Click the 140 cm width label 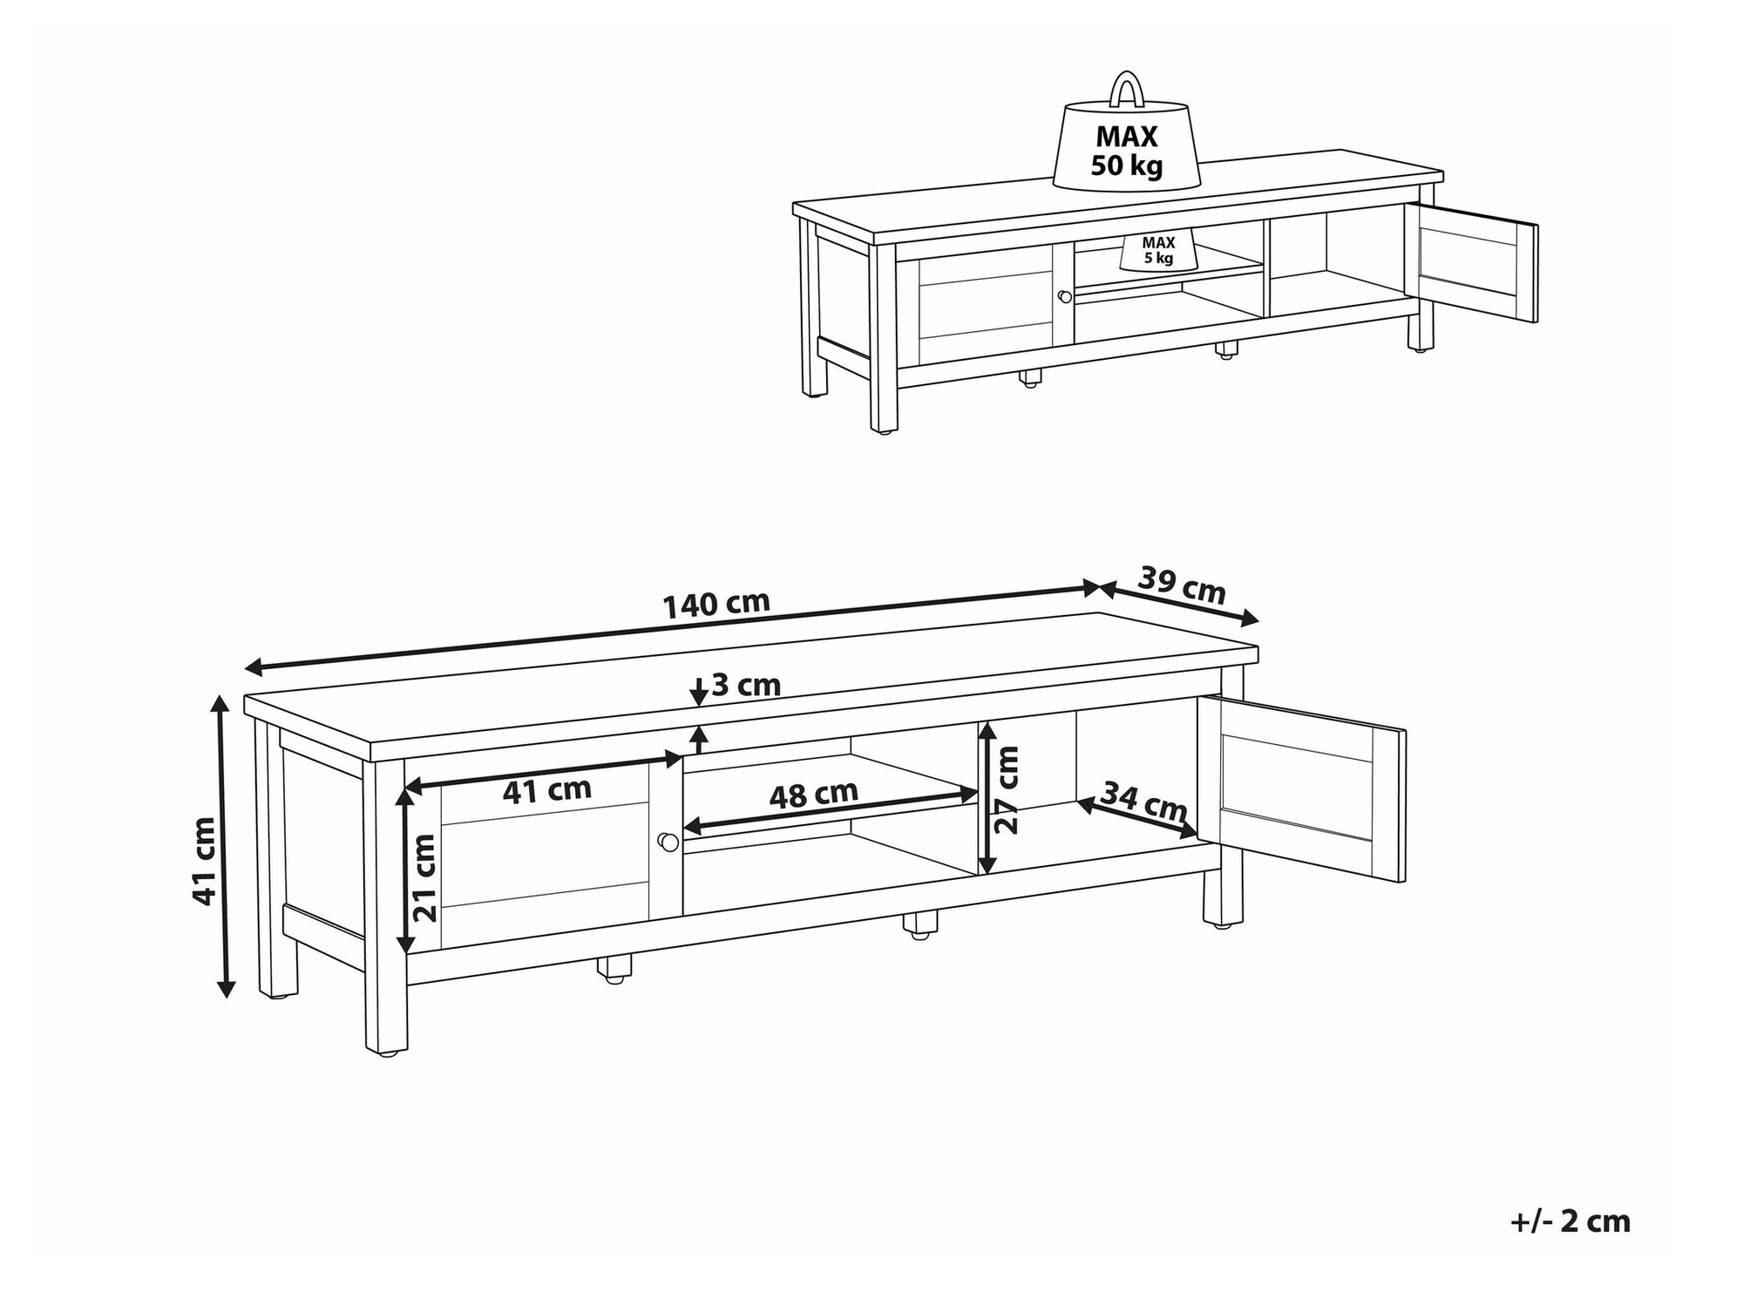(716, 604)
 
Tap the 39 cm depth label (1182, 585)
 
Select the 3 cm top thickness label (746, 686)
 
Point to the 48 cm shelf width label (814, 795)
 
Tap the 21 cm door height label (424, 877)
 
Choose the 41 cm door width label (547, 790)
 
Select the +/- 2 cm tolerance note (1570, 1221)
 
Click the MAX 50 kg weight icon (1127, 148)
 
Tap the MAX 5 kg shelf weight (1158, 250)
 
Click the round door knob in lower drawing (668, 842)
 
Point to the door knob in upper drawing (1063, 297)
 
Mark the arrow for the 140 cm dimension (671, 628)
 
